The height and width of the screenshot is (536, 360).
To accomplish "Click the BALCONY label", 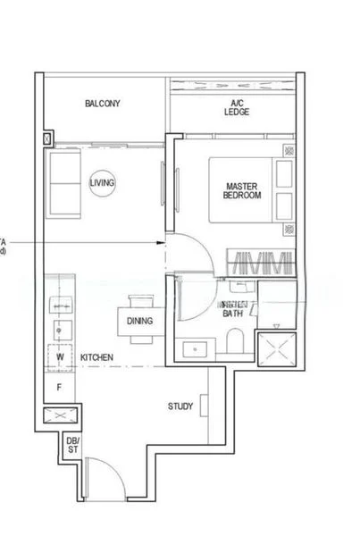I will point(103,104).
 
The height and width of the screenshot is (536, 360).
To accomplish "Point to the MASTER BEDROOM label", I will point(242,190).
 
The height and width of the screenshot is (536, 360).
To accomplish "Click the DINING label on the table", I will point(139,321).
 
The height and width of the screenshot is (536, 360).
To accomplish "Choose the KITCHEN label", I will point(96,357).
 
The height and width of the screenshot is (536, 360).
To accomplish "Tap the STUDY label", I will point(180,406).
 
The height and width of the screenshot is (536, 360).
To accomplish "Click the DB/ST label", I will point(72,444).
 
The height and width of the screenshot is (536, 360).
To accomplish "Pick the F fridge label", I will point(59,388).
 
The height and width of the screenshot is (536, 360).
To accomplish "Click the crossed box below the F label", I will point(61,415).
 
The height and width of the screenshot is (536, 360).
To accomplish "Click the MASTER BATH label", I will point(232,309).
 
